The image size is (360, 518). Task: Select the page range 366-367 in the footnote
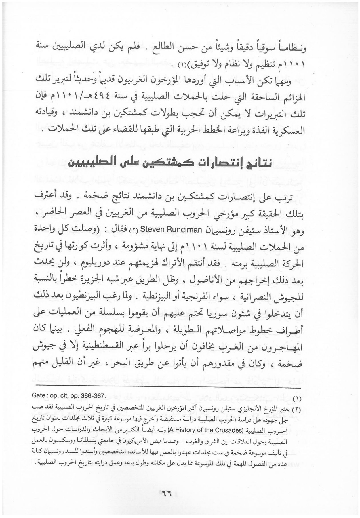click(x=92, y=396)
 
